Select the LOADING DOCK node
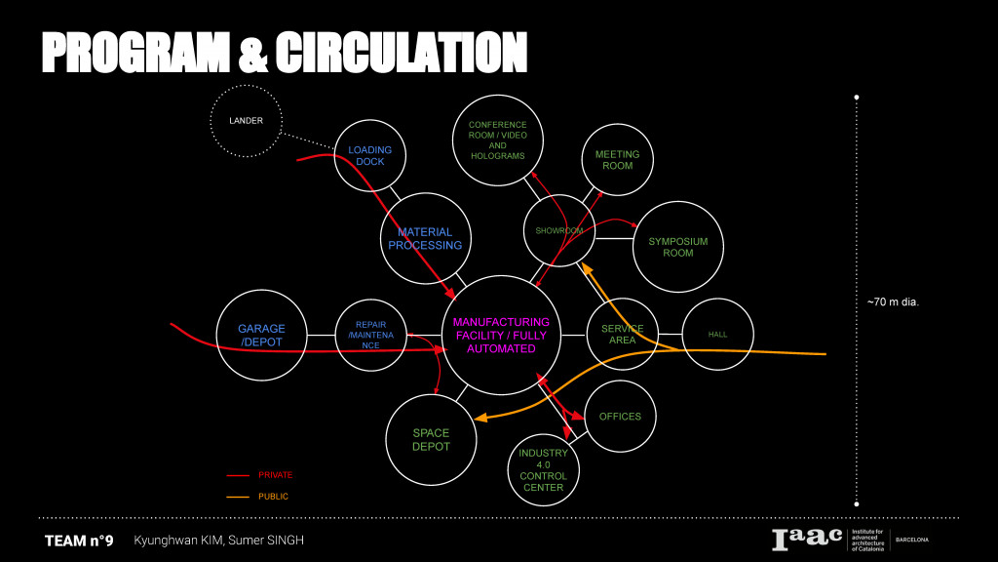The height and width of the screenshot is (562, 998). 370,155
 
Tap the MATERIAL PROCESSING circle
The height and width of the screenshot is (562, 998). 425,238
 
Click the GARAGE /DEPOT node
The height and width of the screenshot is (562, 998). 261,336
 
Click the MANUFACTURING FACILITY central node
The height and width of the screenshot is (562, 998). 501,335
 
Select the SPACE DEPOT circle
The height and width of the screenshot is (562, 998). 431,439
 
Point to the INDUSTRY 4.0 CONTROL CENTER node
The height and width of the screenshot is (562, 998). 543,469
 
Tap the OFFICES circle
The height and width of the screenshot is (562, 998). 620,417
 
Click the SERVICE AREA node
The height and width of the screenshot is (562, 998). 622,335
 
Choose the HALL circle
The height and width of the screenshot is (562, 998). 717,335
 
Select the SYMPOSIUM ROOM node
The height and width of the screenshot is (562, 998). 678,247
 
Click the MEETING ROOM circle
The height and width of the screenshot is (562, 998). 617,159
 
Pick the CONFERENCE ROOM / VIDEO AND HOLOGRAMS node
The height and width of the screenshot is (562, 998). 497,140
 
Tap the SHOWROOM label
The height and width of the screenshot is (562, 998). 559,230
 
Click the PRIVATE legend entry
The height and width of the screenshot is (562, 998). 275,475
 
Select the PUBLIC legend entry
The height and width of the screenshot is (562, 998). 273,497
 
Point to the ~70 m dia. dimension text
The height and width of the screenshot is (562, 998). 893,302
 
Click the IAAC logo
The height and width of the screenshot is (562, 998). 807,540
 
